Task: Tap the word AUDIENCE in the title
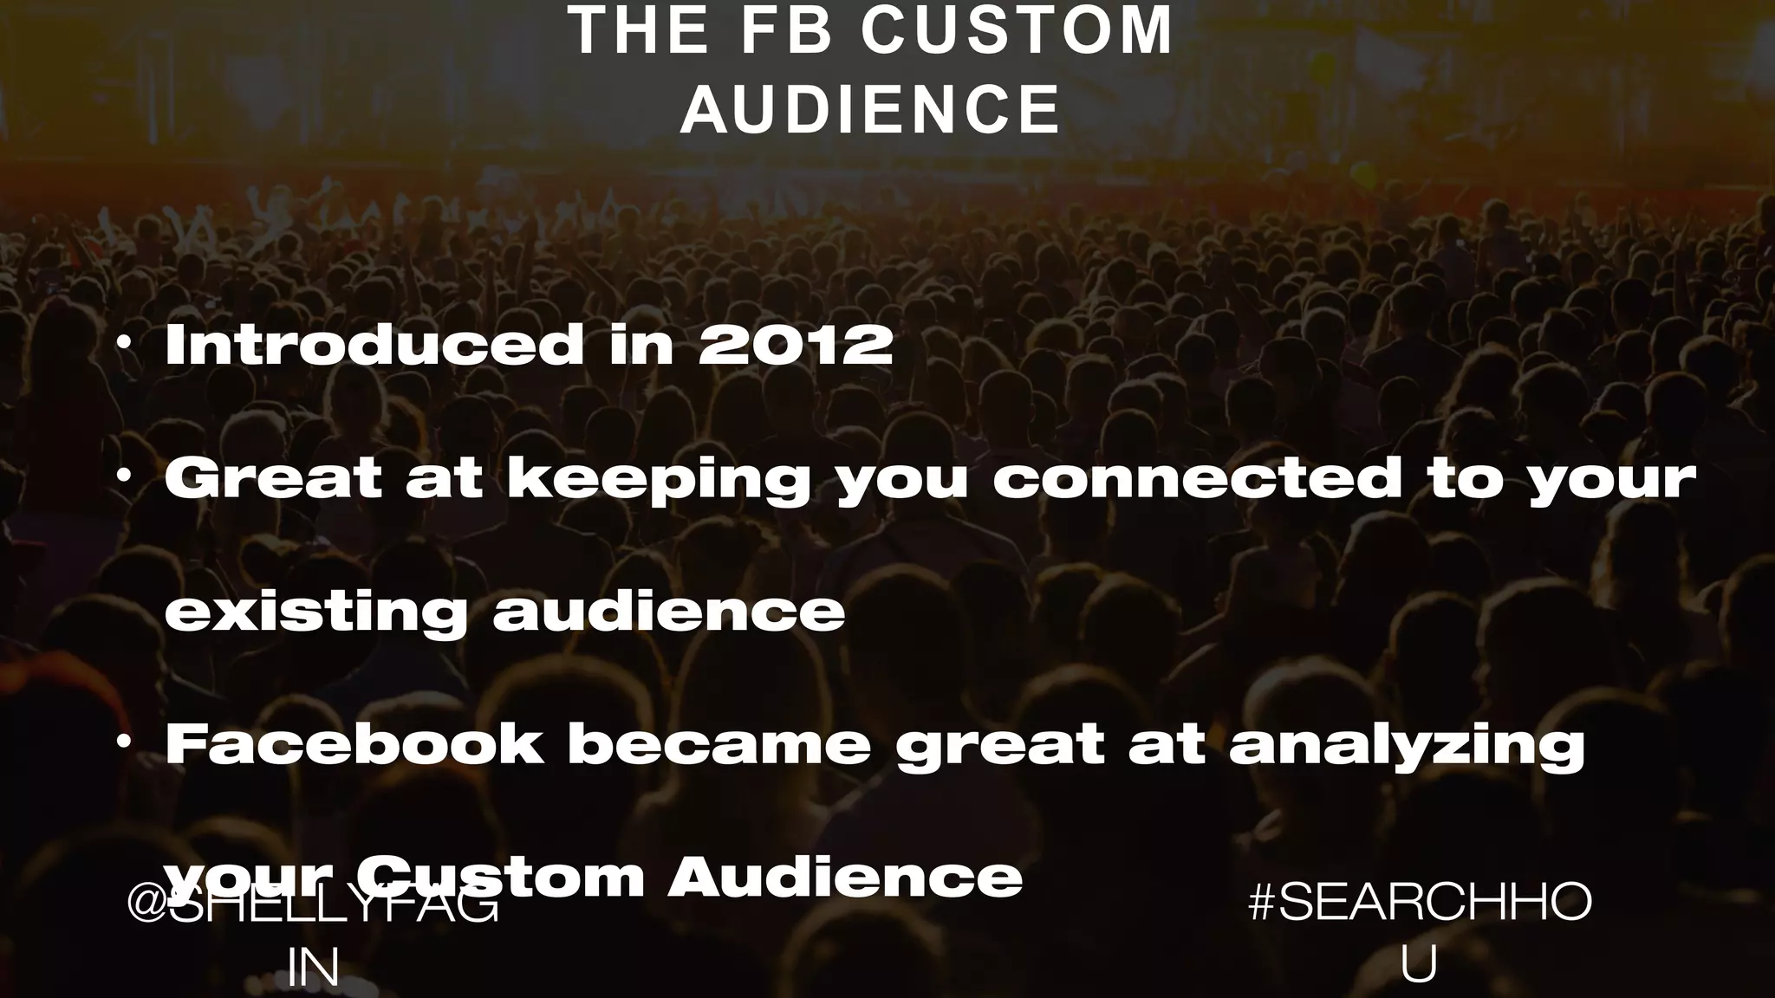(870, 110)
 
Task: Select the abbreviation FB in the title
(787, 31)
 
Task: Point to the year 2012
(796, 345)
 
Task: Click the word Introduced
(374, 345)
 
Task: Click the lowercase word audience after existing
(668, 611)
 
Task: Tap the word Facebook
(354, 744)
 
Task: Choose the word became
(718, 744)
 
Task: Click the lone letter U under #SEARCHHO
(1419, 964)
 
